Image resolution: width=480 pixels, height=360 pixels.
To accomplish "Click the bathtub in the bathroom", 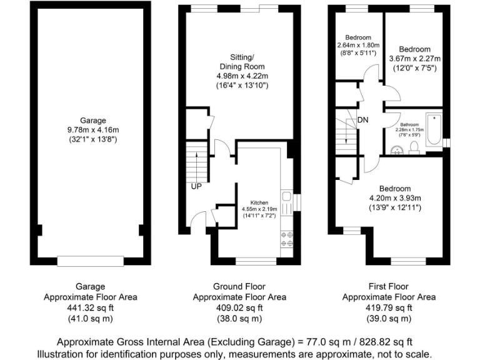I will click(433, 129).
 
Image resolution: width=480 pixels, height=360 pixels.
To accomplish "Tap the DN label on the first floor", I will click(363, 120).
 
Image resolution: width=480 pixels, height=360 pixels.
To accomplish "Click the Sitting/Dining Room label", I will click(239, 61).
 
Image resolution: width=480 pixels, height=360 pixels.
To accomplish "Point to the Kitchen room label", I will click(259, 203).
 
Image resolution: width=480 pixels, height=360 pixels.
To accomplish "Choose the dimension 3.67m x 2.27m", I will click(415, 59).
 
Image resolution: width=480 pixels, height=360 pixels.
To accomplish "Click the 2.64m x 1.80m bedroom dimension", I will click(358, 46).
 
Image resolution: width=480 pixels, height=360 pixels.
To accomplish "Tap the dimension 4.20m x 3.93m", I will click(395, 198).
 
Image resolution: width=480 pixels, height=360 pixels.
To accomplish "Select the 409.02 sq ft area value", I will click(239, 307).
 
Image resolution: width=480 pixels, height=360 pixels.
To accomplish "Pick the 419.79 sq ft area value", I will click(389, 307).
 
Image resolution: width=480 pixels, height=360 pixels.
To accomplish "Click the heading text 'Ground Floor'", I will click(239, 286).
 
